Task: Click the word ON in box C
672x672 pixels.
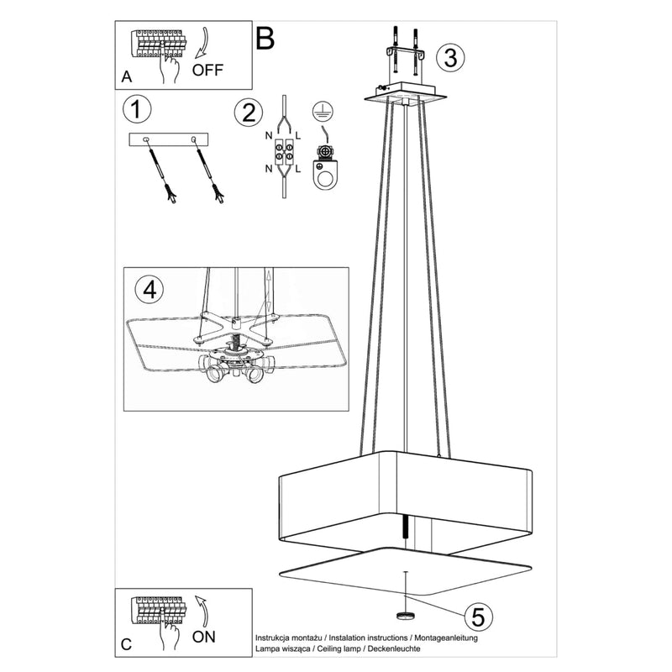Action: [205, 637]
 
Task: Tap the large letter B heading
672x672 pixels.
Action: [265, 38]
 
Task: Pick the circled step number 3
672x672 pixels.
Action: [451, 58]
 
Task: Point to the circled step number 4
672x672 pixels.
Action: [149, 290]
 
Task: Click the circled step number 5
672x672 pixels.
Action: [477, 617]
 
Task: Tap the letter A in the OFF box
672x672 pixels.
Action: [126, 76]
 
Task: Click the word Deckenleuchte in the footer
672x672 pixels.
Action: [391, 650]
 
